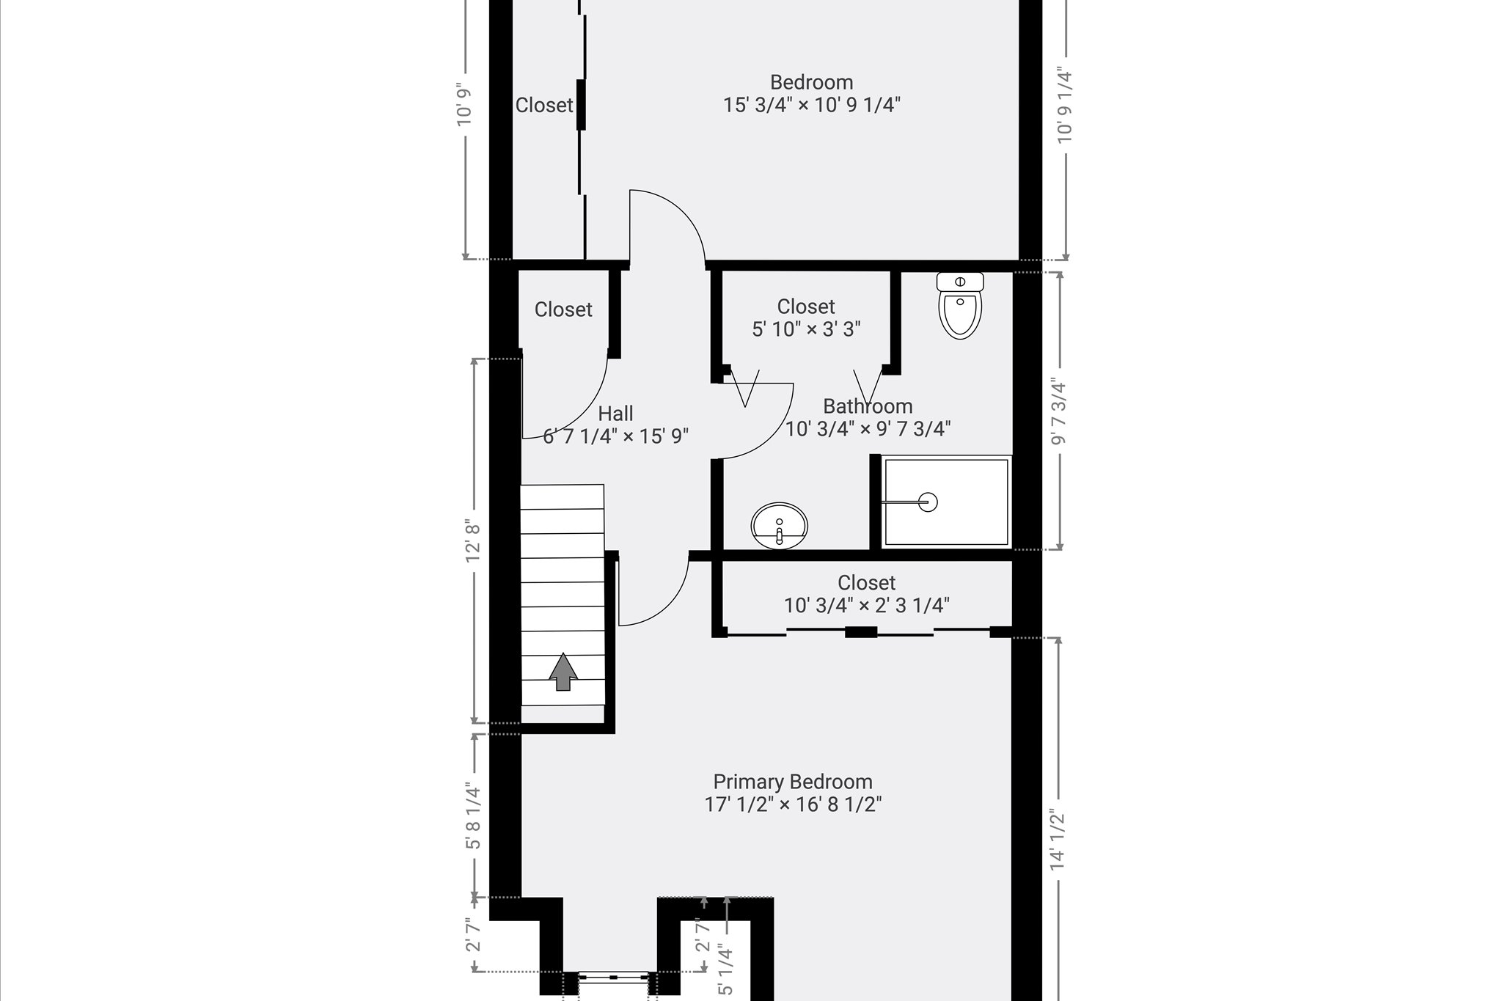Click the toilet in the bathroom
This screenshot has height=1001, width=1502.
[960, 305]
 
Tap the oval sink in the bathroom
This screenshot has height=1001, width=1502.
[780, 526]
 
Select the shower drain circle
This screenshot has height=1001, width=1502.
[928, 502]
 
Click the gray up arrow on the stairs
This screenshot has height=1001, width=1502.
[563, 672]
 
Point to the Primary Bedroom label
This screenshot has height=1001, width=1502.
[793, 782]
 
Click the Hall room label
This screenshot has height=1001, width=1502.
[615, 414]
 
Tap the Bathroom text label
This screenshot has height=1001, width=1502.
[868, 406]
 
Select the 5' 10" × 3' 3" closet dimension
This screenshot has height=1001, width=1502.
[806, 329]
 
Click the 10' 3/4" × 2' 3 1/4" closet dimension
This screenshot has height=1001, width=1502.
[867, 606]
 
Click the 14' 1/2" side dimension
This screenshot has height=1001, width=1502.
[1057, 840]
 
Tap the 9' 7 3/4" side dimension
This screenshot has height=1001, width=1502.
[1058, 411]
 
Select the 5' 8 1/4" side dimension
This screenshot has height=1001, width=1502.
[473, 817]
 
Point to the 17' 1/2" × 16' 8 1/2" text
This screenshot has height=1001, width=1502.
[793, 804]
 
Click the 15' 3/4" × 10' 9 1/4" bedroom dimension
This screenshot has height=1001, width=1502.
[812, 105]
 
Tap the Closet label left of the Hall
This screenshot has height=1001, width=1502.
[563, 309]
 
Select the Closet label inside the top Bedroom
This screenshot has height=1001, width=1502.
[544, 106]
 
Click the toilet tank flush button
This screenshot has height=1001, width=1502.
[960, 282]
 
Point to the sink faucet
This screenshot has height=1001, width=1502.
[780, 535]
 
